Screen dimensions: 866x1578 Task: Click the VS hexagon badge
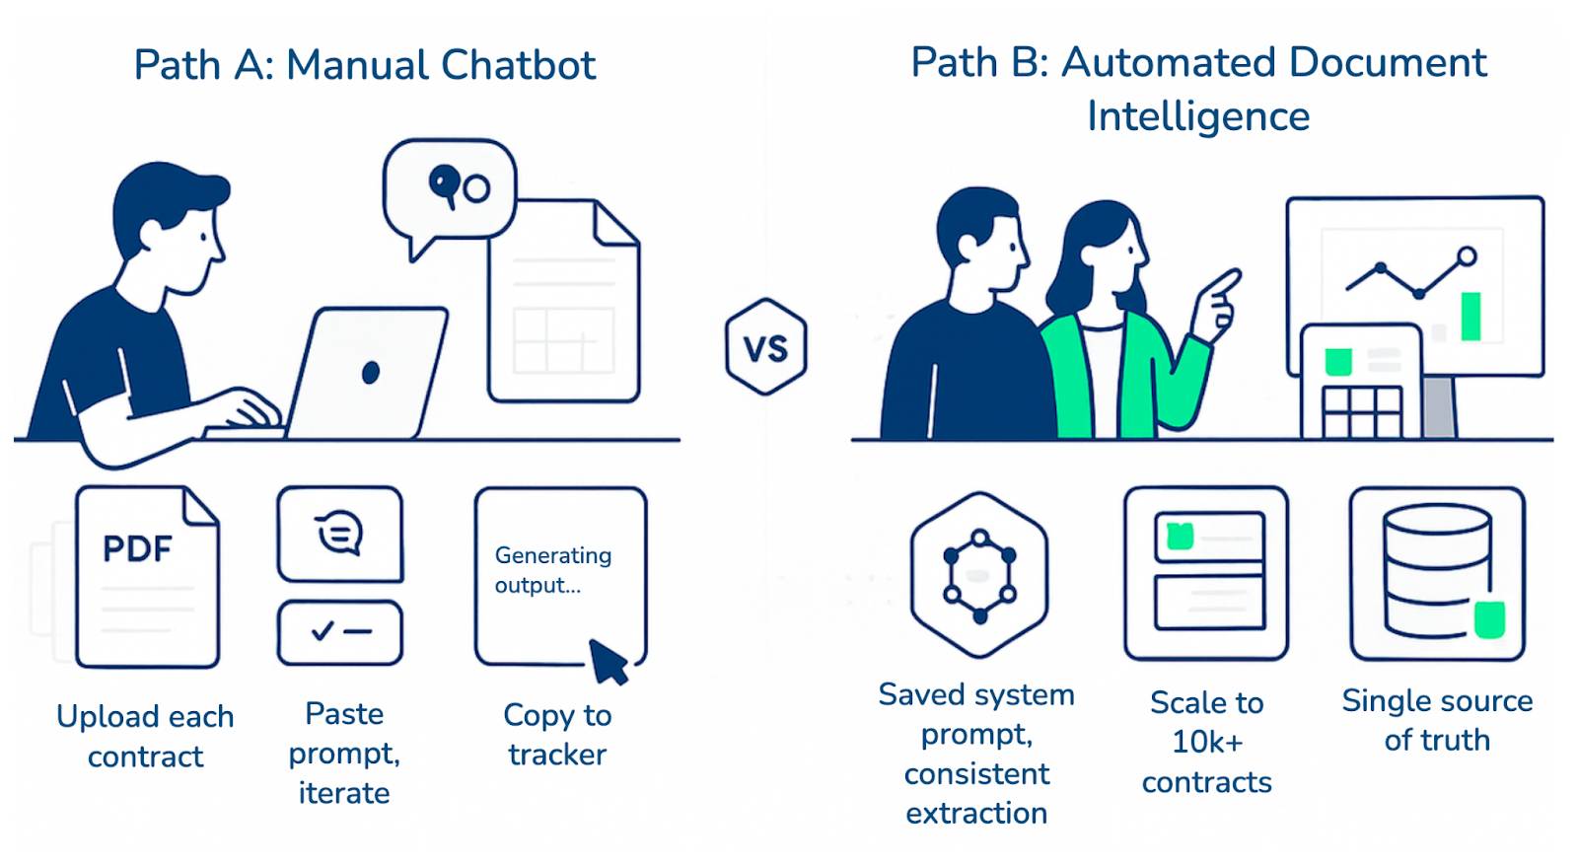(766, 347)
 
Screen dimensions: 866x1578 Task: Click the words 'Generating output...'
(552, 570)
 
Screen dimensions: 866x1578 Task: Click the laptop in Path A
(367, 374)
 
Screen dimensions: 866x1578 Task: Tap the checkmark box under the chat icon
(340, 632)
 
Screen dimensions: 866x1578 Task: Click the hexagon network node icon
(979, 575)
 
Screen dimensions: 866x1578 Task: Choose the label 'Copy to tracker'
(557, 735)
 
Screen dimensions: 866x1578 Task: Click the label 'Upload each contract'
(145, 736)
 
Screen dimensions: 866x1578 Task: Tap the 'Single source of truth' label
(1437, 720)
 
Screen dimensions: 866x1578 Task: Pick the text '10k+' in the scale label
(1207, 742)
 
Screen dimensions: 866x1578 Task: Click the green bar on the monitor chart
(1470, 316)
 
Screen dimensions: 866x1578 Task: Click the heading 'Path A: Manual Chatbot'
(365, 65)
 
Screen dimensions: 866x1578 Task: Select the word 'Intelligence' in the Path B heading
(1198, 116)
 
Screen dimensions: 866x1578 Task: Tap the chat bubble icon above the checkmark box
(340, 534)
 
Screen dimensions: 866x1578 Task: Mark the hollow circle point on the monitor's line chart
(1467, 256)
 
